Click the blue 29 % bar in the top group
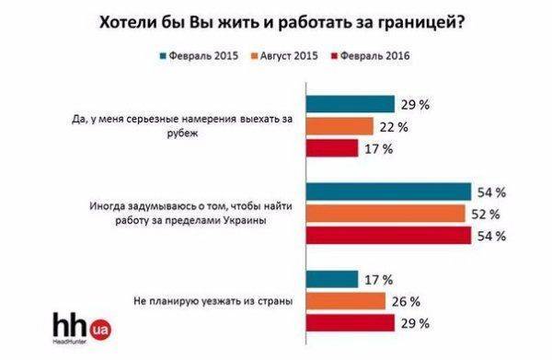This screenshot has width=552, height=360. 351,104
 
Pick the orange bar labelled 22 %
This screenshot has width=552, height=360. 339,126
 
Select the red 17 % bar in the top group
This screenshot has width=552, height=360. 332,147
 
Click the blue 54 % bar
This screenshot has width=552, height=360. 390,192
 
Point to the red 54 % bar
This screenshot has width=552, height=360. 390,236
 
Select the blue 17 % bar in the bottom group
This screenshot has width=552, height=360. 332,279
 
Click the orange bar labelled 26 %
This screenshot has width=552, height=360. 346,301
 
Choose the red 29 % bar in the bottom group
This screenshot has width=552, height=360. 351,322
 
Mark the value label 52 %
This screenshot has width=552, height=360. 488,214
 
